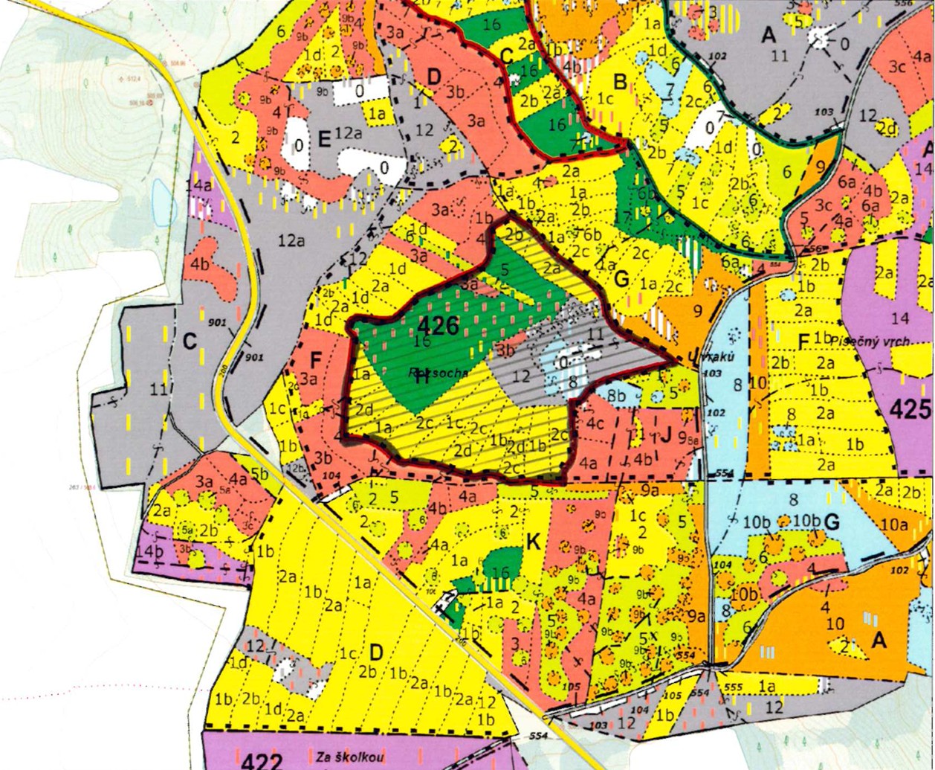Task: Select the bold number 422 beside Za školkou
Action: pyautogui.click(x=262, y=760)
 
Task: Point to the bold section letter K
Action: pyautogui.click(x=532, y=542)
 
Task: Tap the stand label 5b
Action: pyautogui.click(x=259, y=473)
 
